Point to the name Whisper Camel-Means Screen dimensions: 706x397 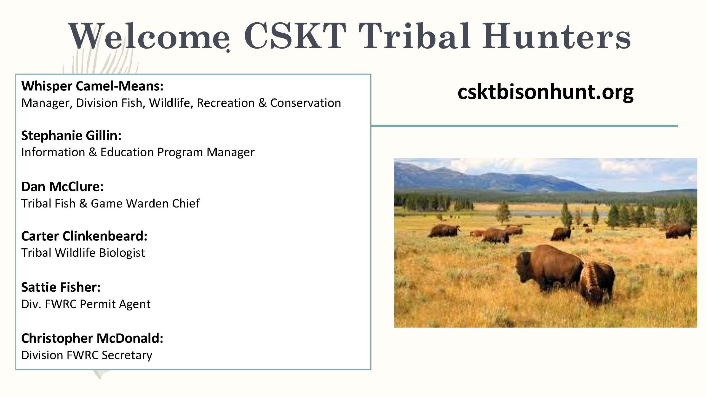pyautogui.click(x=92, y=86)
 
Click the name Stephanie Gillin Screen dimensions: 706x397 pyautogui.click(x=71, y=135)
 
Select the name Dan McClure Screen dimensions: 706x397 pyautogui.click(x=62, y=187)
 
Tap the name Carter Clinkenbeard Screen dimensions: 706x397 pyautogui.click(x=84, y=236)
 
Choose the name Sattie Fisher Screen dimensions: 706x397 pyautogui.click(x=61, y=287)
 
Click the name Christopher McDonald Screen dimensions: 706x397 pyautogui.click(x=92, y=338)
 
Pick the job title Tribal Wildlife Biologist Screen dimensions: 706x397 pyautogui.click(x=83, y=253)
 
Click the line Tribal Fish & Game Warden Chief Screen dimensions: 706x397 pyautogui.click(x=110, y=203)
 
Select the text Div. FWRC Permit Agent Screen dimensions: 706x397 pyautogui.click(x=86, y=304)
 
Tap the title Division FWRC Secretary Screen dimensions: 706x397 pyautogui.click(x=87, y=355)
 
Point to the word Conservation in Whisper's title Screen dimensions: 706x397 pyautogui.click(x=306, y=103)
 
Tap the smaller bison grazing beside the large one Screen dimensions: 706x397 pyautogui.click(x=597, y=284)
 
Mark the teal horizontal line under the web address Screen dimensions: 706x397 pyautogui.click(x=525, y=126)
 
